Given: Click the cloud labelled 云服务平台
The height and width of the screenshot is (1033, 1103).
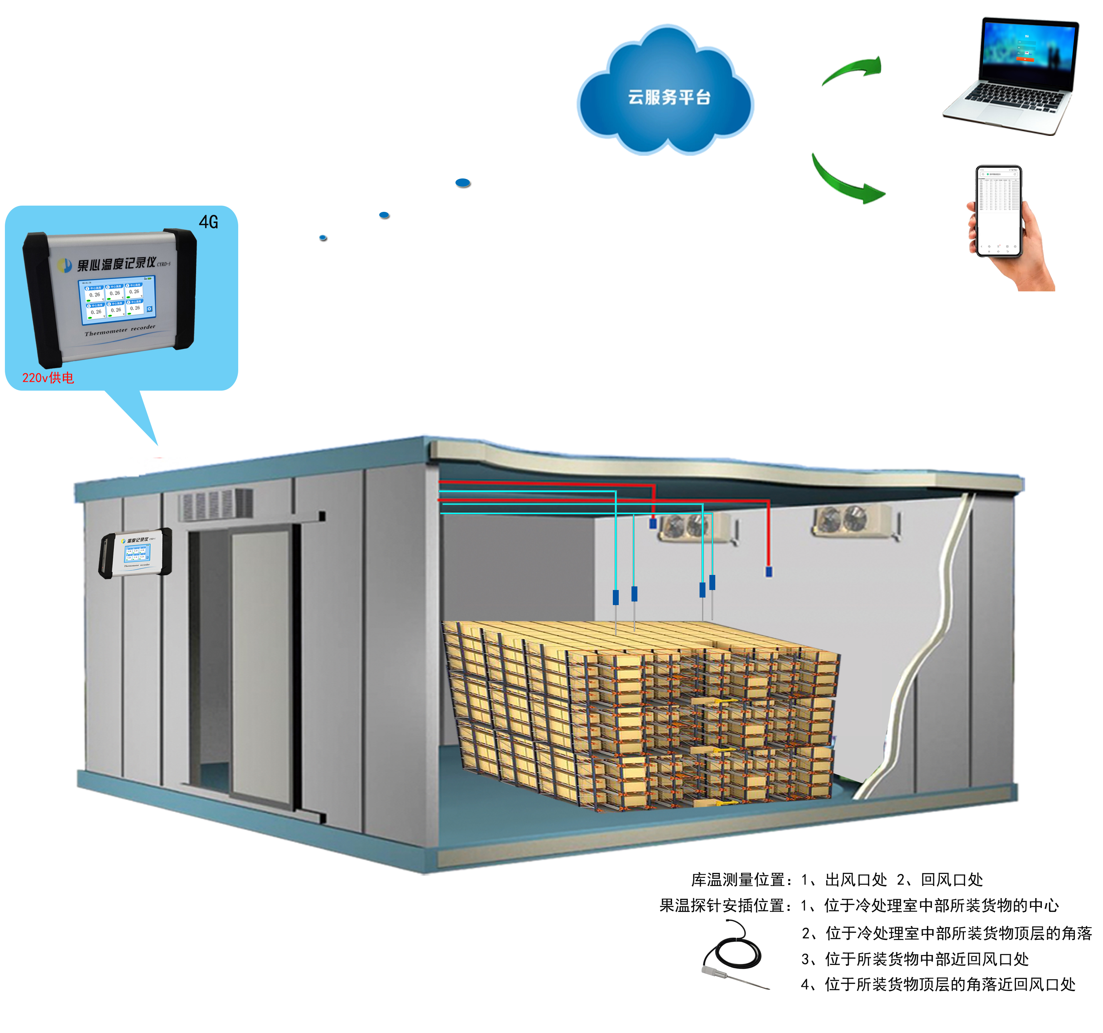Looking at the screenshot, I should (x=666, y=94).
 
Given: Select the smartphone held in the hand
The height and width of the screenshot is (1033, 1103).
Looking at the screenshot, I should (x=999, y=211).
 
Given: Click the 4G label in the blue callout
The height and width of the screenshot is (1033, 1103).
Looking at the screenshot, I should (x=209, y=222).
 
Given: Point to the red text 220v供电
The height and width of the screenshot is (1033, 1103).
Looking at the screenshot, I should (x=48, y=378).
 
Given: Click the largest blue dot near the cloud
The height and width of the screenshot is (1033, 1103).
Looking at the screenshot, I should (x=463, y=183).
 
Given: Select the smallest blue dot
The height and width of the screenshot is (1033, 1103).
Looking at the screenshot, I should (x=323, y=238).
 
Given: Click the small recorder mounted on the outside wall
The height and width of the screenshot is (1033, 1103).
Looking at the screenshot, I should (x=135, y=552).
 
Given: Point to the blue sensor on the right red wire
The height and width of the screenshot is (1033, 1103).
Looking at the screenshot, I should (x=769, y=571).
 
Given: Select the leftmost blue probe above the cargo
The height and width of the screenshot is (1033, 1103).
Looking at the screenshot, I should (x=615, y=597).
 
